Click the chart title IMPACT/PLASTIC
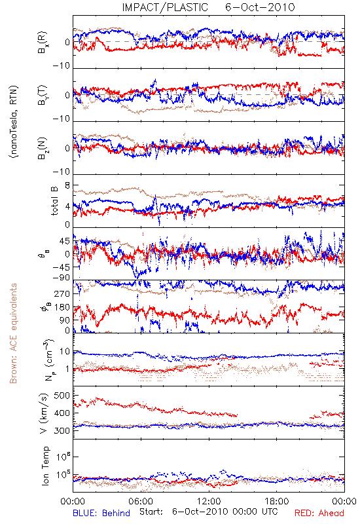coord(165,7)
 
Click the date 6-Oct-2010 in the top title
coord(260,7)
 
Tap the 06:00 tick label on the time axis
coord(141,501)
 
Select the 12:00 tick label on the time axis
coord(209,501)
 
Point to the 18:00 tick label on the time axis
coord(277,501)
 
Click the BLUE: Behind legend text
coord(101,513)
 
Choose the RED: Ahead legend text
coord(319,513)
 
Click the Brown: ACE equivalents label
coord(13,333)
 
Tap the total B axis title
coord(54,201)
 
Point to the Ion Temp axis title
coord(45,466)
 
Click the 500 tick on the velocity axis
coord(62,396)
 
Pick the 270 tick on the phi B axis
coord(62,293)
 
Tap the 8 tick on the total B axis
coord(67,185)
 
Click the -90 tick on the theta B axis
coord(61,278)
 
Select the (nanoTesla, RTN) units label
coord(14,122)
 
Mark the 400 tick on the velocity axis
coord(62,413)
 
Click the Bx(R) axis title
coord(43,43)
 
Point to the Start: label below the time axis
coord(151,512)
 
